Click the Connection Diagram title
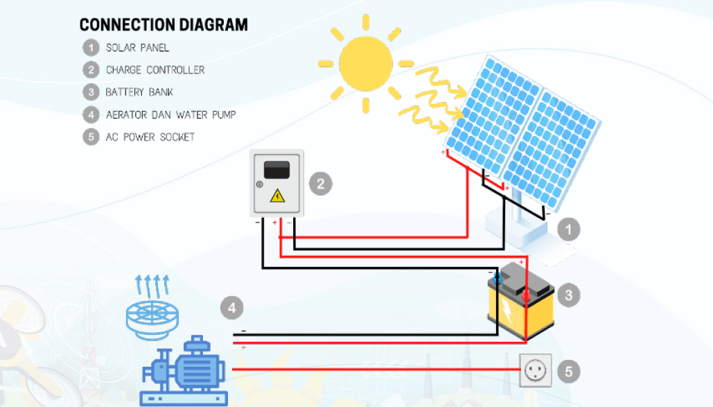tap(164, 25)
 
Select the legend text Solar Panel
tap(137, 48)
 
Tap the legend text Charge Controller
tap(155, 70)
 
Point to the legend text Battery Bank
tap(139, 92)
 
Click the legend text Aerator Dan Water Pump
tap(170, 114)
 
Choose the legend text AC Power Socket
tap(150, 137)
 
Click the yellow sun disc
tap(366, 62)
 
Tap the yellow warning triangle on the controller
tap(277, 196)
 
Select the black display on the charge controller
tap(277, 168)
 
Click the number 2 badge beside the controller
tap(320, 184)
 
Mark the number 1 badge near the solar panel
tap(568, 229)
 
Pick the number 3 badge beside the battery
tap(568, 295)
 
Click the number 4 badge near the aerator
tap(233, 306)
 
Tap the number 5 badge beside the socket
tap(568, 371)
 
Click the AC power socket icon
tap(536, 370)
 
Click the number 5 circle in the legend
tap(90, 137)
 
